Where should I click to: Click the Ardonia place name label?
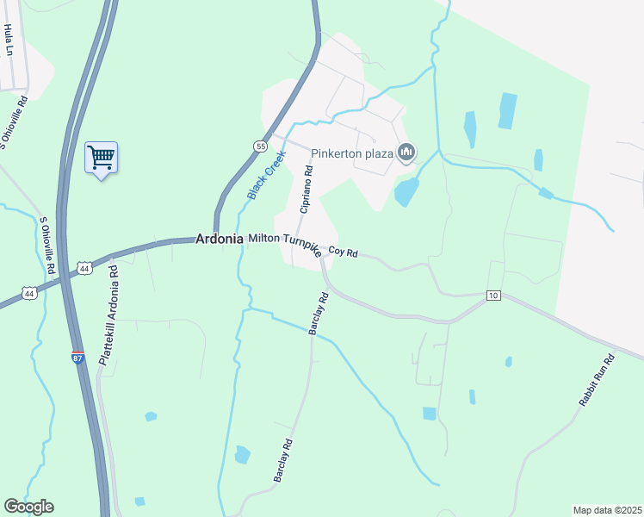pyautogui.click(x=219, y=239)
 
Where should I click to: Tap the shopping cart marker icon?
pyautogui.click(x=102, y=158)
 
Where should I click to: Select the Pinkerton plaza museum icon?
pyautogui.click(x=406, y=154)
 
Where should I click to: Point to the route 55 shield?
pyautogui.click(x=260, y=146)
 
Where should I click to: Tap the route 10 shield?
pyautogui.click(x=492, y=296)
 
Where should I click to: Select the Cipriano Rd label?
pyautogui.click(x=306, y=190)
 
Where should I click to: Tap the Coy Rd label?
pyautogui.click(x=343, y=253)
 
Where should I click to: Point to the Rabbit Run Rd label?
pyautogui.click(x=596, y=381)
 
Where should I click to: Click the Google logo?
pyautogui.click(x=28, y=507)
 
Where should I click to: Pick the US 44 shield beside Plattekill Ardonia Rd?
pyautogui.click(x=84, y=269)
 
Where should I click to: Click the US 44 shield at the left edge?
pyautogui.click(x=29, y=294)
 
